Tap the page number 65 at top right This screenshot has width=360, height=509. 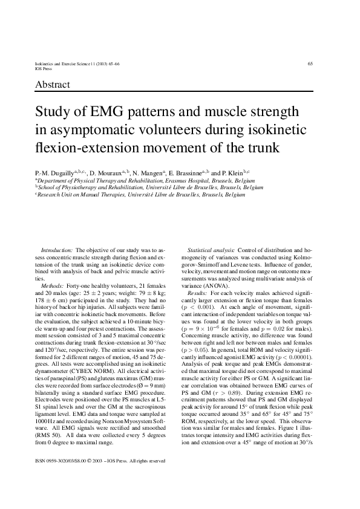[310, 63]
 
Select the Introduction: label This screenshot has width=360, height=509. [57, 250]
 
